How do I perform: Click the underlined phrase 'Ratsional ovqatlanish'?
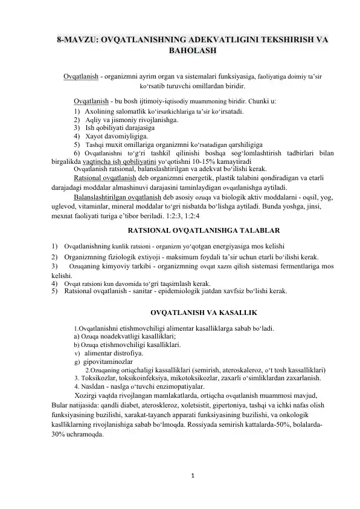[x=100, y=179]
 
